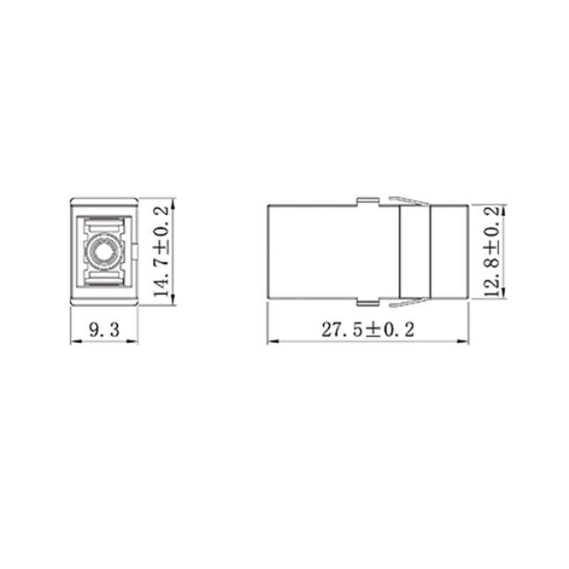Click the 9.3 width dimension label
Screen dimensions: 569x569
coord(104,330)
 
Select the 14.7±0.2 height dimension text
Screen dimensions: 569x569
coord(161,252)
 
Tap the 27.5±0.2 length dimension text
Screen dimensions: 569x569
coord(368,329)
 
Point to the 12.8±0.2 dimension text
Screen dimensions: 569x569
coord(492,252)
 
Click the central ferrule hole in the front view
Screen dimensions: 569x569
coord(104,252)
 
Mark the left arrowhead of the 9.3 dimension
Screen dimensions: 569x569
coord(75,341)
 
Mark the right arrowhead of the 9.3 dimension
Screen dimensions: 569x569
coord(133,341)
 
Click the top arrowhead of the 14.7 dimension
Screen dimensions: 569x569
coord(173,203)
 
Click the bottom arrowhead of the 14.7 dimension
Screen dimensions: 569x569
coord(173,299)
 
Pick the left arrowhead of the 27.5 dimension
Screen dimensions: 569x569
coord(273,341)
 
